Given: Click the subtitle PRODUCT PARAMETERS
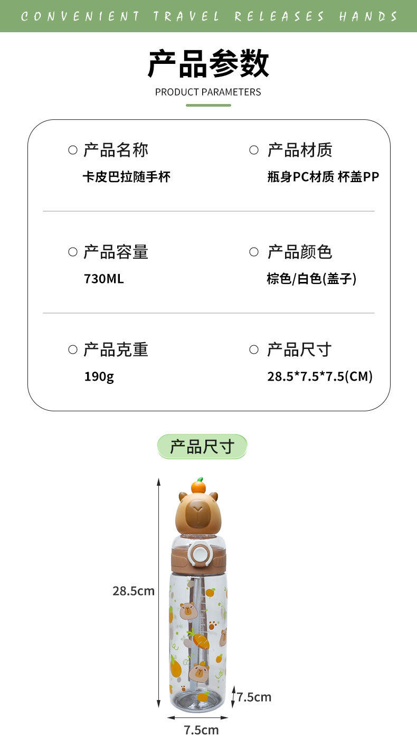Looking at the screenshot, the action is coord(208,92).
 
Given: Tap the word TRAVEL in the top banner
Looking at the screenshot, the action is coord(186,16).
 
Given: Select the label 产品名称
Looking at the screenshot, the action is coord(116,150).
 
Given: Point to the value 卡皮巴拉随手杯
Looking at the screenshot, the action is coord(126,177).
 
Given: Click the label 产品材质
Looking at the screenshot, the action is coord(300,150).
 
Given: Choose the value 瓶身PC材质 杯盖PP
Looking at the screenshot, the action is coord(323,177).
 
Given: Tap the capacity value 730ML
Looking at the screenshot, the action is coord(104,278).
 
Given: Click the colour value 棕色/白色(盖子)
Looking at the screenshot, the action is coord(311,278).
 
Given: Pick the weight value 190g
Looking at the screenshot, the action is coord(99,376).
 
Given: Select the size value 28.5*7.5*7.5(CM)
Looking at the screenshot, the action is coord(320,376).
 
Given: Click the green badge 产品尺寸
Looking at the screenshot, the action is coord(202,447).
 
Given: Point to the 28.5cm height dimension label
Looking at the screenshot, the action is coord(134,591).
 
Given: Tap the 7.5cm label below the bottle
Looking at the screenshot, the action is coord(201,730).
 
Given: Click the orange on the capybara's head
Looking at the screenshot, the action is coord(198,485).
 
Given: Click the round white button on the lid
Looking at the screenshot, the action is coord(200,553).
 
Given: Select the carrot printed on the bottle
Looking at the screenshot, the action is coord(200,641).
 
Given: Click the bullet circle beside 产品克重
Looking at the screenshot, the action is coord(73,350).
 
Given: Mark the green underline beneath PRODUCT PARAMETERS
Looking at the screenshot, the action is coord(208,105).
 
